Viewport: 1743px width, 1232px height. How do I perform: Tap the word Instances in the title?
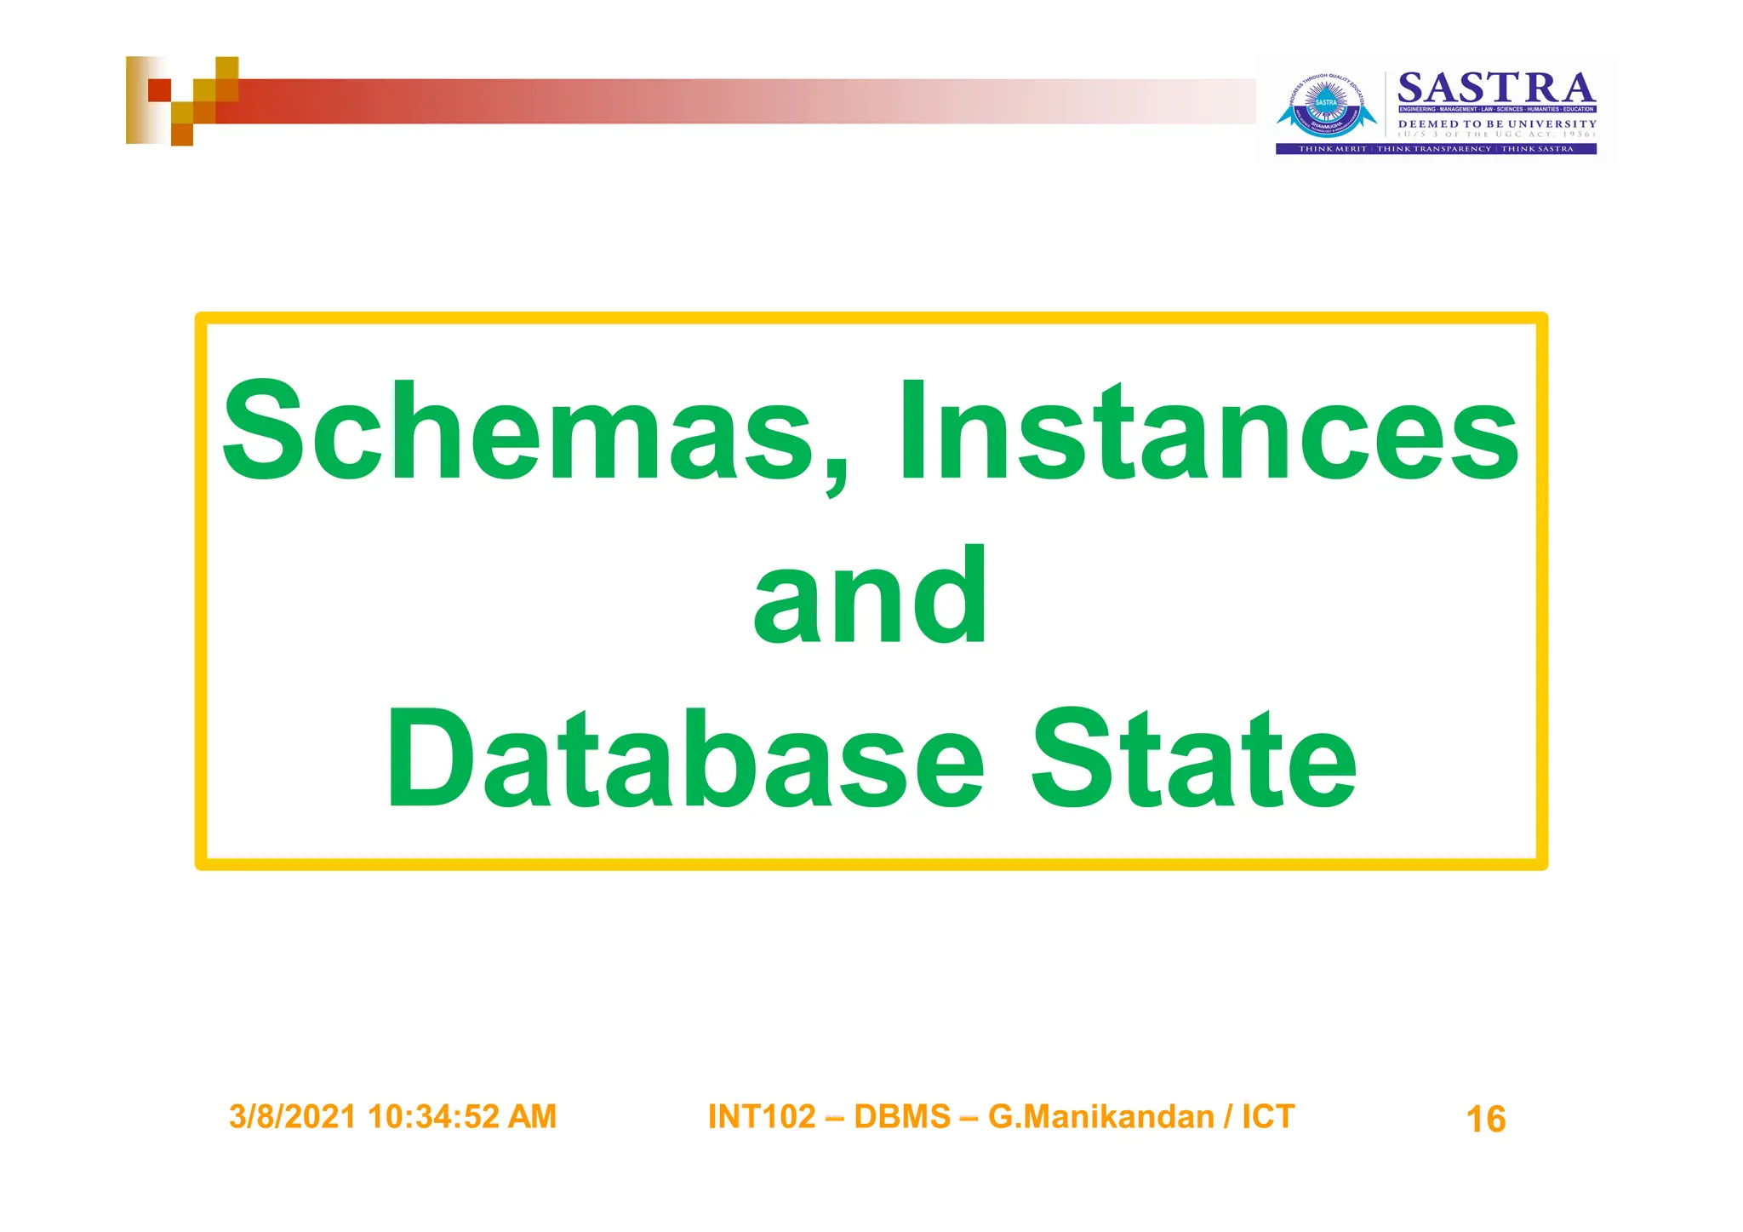pyautogui.click(x=1209, y=432)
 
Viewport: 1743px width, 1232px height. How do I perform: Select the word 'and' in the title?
pyautogui.click(x=871, y=597)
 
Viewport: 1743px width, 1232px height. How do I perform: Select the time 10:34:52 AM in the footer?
pyautogui.click(x=462, y=1117)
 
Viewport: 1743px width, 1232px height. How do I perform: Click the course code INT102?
pyautogui.click(x=762, y=1117)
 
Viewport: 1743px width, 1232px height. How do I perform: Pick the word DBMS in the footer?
pyautogui.click(x=902, y=1117)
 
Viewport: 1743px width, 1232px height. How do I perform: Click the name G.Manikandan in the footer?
pyautogui.click(x=1101, y=1117)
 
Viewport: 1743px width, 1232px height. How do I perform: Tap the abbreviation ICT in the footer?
pyautogui.click(x=1268, y=1117)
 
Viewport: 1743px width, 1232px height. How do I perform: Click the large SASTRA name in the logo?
pyautogui.click(x=1496, y=89)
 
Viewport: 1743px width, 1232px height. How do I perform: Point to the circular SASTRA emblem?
pyautogui.click(x=1326, y=106)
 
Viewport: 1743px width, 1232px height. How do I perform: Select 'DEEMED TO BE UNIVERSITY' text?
pyautogui.click(x=1497, y=124)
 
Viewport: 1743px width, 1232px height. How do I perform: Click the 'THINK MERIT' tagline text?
pyautogui.click(x=1332, y=149)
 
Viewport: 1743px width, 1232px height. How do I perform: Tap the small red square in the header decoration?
pyautogui.click(x=159, y=89)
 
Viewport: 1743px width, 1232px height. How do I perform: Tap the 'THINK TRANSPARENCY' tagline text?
pyautogui.click(x=1434, y=149)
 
